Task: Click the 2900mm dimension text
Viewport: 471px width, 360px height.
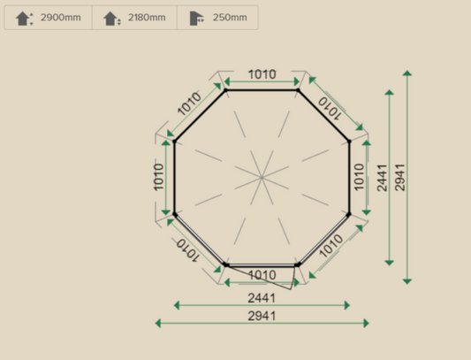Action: [x=60, y=18]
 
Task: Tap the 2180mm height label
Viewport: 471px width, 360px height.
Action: [x=146, y=18]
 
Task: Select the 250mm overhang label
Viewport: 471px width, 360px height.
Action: [x=230, y=18]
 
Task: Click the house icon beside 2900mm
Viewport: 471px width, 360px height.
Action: [x=24, y=18]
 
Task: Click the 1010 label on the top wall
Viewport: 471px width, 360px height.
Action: [x=262, y=74]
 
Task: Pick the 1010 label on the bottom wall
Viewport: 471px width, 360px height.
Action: [x=262, y=275]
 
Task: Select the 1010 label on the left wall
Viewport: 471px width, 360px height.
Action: [x=159, y=177]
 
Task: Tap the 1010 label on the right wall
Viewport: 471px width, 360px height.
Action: [x=359, y=177]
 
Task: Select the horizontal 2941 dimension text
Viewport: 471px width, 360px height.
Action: [x=262, y=316]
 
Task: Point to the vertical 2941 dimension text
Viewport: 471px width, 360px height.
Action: [x=399, y=177]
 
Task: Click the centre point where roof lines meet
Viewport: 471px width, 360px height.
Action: [x=262, y=177]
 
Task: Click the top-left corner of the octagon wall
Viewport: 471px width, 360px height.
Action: [x=225, y=89]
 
